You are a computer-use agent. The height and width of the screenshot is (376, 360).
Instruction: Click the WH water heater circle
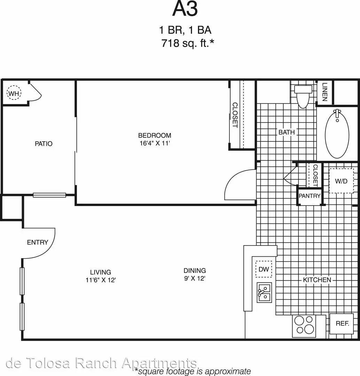[x=14, y=93]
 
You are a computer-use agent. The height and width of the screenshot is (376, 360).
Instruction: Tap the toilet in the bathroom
[x=303, y=96]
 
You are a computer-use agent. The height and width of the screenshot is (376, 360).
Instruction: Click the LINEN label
[x=325, y=92]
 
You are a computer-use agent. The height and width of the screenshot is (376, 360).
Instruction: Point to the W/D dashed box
[x=341, y=181]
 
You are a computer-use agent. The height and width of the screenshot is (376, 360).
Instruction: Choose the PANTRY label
[x=310, y=196]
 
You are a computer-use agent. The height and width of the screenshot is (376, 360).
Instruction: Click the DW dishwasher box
[x=264, y=269]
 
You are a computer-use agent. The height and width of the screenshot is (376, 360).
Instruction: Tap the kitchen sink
[x=264, y=292]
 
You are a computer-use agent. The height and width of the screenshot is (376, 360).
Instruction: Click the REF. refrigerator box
[x=342, y=323]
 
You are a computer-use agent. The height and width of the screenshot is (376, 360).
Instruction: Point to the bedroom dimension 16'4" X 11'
[x=155, y=143]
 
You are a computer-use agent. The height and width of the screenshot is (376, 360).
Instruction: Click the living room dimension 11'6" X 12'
[x=101, y=280]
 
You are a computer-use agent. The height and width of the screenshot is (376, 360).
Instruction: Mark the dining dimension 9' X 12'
[x=195, y=279]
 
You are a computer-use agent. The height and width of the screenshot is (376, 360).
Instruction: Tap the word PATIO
[x=44, y=144]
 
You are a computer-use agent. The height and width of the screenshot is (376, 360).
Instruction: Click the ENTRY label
[x=37, y=242]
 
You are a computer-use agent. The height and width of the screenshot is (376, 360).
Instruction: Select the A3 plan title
[x=185, y=9]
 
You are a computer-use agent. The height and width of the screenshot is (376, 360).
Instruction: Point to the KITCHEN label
[x=317, y=280]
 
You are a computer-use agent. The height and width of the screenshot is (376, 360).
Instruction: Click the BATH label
[x=287, y=132]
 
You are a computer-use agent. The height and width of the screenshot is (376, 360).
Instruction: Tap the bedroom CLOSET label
[x=235, y=115]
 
